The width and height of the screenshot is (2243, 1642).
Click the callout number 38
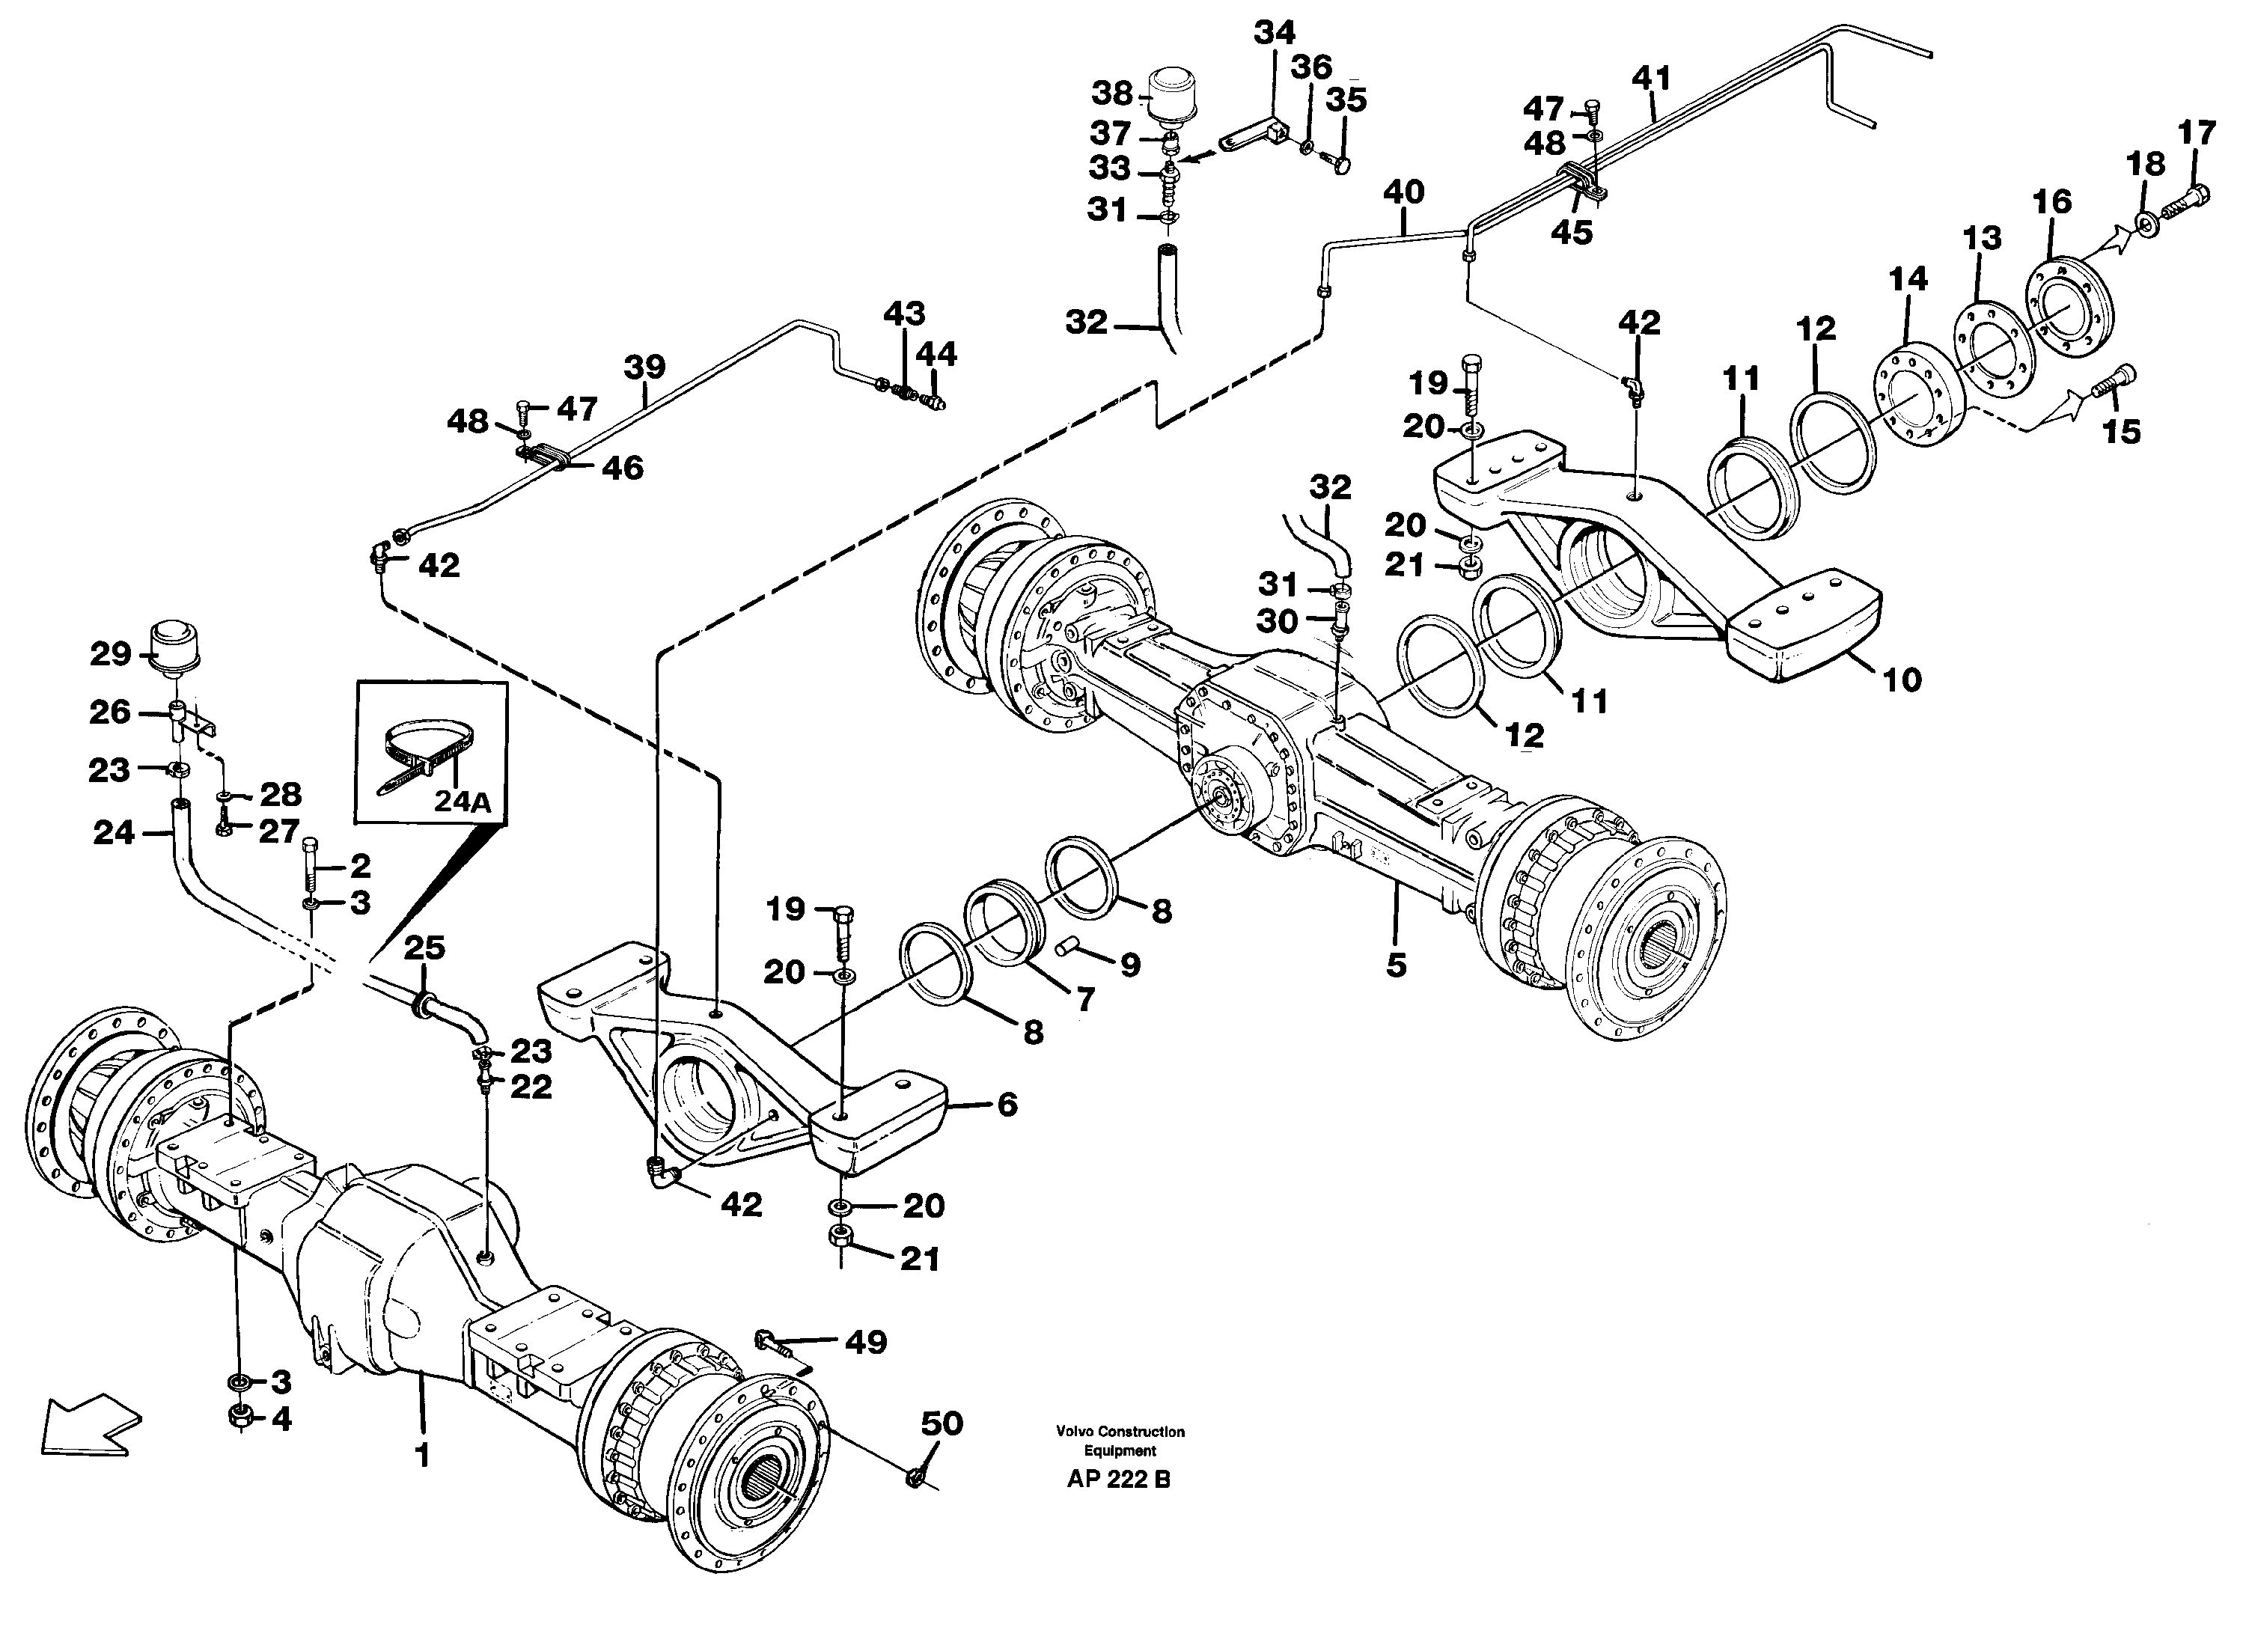pyautogui.click(x=1111, y=94)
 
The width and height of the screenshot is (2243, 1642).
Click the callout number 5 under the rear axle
pyautogui.click(x=1397, y=964)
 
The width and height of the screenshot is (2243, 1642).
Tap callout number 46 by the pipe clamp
pyautogui.click(x=622, y=469)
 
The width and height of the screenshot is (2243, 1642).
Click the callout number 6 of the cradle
pyautogui.click(x=1007, y=1105)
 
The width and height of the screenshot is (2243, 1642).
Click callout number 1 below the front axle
pyautogui.click(x=422, y=1456)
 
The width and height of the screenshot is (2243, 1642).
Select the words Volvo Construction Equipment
pyautogui.click(x=1120, y=1441)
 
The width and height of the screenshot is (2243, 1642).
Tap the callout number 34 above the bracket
pyautogui.click(x=1275, y=34)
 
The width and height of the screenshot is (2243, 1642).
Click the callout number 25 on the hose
pyautogui.click(x=424, y=948)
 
